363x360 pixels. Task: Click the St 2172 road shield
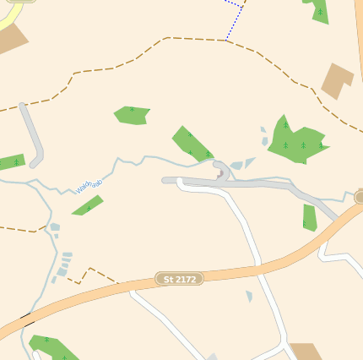tap(180, 279)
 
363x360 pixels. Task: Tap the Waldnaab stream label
tap(89, 185)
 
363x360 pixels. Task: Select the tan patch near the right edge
tap(338, 80)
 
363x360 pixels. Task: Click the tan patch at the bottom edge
tap(306, 352)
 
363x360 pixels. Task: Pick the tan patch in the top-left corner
tap(10, 38)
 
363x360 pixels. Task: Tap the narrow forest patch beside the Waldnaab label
tap(88, 205)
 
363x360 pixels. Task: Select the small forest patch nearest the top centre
tap(132, 115)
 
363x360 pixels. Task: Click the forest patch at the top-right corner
tap(318, 10)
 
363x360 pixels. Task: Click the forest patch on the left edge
tap(11, 162)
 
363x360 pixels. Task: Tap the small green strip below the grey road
tap(309, 217)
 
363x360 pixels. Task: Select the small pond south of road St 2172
tap(249, 296)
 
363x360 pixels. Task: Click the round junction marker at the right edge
tap(360, 197)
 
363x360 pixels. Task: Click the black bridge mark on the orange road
tap(27, 319)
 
